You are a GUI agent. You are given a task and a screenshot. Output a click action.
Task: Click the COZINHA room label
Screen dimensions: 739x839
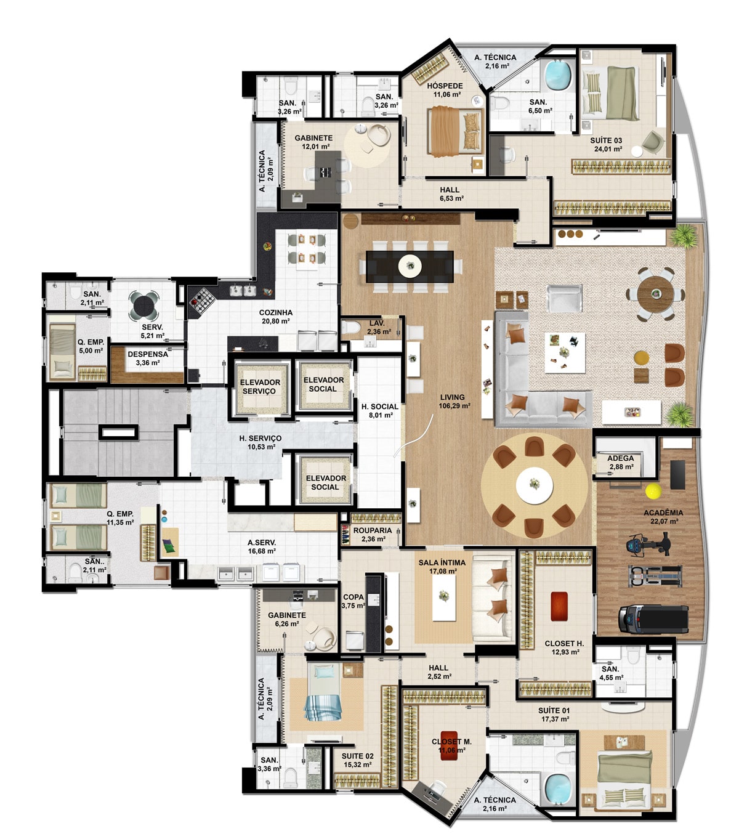coord(276,313)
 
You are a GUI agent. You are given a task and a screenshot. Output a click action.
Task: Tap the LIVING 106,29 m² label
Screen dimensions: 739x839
coord(454,401)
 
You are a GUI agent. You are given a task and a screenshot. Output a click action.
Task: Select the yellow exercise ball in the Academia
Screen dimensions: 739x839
coord(653,491)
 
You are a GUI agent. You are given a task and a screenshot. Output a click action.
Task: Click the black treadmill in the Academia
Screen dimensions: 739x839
coord(653,620)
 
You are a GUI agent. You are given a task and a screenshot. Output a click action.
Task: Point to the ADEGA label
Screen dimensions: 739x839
coord(621,458)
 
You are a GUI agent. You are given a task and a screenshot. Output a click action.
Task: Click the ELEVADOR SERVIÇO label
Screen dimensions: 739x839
coord(260,386)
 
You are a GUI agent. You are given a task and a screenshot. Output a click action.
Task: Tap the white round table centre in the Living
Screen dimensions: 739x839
coord(534,485)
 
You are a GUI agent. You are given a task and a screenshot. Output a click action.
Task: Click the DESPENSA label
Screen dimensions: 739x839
coord(148,354)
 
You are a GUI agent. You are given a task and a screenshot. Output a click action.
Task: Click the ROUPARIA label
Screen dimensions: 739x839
coord(372,530)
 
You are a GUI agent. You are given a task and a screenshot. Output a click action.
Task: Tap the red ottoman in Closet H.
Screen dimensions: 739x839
coord(559,606)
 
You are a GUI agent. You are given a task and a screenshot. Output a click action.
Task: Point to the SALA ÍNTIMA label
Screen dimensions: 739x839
coord(442,562)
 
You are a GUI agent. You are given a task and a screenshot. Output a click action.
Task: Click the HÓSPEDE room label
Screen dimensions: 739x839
coord(445,86)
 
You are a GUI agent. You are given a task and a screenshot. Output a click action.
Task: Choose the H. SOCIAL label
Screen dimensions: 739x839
coord(379,407)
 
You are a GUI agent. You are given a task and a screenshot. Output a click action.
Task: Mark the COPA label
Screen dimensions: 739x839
coord(353,597)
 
